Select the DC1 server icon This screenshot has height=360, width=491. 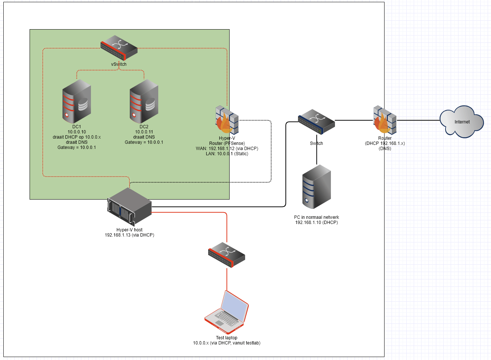(77, 101)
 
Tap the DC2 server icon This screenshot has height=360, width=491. (144, 101)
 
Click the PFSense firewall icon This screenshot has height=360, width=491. (227, 120)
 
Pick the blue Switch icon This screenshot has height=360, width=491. (316, 122)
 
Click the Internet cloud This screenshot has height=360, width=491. (462, 122)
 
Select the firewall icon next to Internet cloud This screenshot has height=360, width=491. (385, 120)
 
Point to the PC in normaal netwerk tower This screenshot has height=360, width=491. (316, 187)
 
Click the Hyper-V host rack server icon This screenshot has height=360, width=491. (129, 206)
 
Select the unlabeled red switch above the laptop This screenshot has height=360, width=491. (227, 255)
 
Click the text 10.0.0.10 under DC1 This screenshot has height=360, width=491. (77, 132)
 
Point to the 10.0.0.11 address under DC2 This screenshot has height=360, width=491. (144, 132)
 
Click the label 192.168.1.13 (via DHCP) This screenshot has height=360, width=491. (129, 235)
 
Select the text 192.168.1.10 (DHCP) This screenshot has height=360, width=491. (316, 223)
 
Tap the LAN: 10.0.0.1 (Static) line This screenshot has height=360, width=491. (227, 154)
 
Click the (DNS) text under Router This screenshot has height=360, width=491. (385, 149)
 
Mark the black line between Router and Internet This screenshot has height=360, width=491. (418, 120)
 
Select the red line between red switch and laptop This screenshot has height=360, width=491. (227, 279)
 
